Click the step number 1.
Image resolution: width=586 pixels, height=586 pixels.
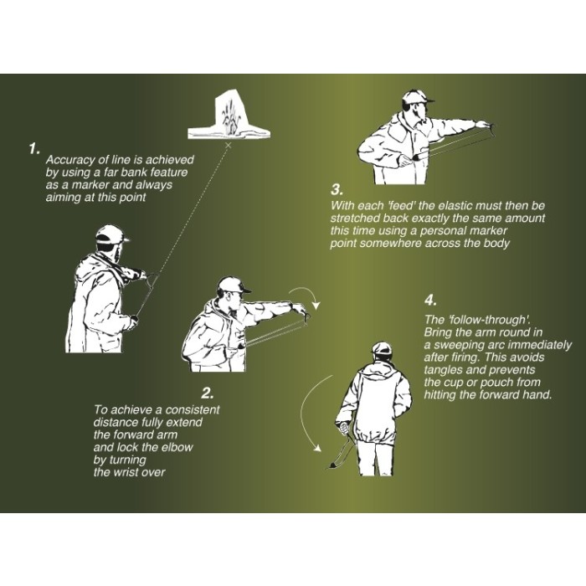(34, 148)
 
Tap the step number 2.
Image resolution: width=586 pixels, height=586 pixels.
(208, 393)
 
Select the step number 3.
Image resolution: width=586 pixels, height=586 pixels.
(337, 189)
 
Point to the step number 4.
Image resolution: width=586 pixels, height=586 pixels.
(430, 300)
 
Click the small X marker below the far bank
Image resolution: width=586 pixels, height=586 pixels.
(229, 146)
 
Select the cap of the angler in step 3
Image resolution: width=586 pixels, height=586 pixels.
(417, 98)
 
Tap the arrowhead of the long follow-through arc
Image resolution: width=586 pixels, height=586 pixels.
(317, 448)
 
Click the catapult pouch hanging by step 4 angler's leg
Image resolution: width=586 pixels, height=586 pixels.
(332, 465)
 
